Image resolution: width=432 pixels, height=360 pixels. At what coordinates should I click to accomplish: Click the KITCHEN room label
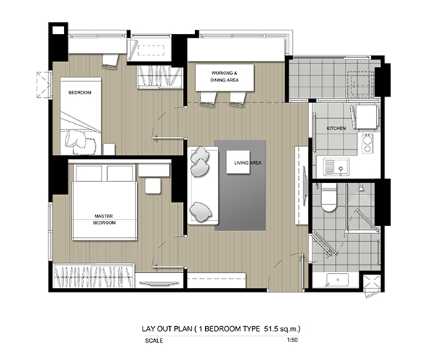336,128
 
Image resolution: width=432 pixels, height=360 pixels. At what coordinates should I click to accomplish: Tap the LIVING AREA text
248,163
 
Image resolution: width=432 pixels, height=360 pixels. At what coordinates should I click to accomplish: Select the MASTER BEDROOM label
104,220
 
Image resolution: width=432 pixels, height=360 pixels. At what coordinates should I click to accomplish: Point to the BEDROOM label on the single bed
80,93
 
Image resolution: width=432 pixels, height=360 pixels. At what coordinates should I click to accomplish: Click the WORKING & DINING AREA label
225,76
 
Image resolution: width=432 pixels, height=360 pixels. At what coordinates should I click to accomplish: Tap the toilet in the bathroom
329,198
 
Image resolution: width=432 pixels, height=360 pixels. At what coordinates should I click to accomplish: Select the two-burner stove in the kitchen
367,143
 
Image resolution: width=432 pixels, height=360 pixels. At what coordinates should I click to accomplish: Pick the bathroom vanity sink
337,280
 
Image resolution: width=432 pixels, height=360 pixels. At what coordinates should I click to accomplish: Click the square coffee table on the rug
238,162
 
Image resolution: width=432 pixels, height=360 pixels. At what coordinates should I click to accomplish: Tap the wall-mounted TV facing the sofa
305,185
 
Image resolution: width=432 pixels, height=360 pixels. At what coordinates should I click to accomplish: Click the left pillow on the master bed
89,174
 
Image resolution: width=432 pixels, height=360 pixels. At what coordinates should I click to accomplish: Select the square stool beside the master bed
153,186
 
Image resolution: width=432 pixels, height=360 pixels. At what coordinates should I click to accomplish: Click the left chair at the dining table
208,99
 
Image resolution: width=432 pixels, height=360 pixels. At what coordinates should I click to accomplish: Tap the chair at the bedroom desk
110,61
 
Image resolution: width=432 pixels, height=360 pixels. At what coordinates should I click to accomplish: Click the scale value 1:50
292,340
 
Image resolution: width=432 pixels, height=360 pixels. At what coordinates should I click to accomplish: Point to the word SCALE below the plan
154,341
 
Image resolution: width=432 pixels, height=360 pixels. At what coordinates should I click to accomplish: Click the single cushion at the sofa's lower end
201,212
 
